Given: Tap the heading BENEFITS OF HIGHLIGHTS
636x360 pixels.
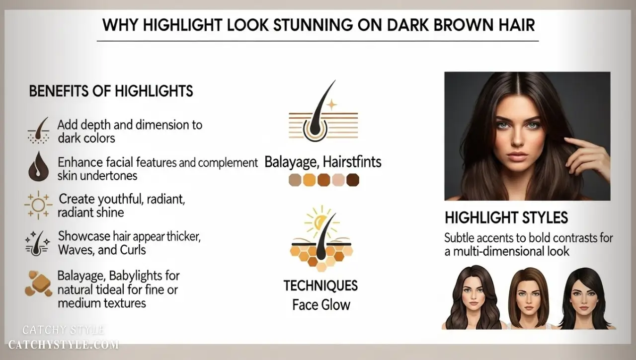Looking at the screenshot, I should pyautogui.click(x=111, y=91).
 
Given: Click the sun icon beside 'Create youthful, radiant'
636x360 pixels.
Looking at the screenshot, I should pyautogui.click(x=38, y=206).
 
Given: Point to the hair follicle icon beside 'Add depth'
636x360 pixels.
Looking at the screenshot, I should pyautogui.click(x=38, y=130).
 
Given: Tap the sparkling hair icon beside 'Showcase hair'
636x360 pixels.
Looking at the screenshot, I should pyautogui.click(x=38, y=242).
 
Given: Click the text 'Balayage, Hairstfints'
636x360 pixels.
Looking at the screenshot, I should pyautogui.click(x=323, y=162).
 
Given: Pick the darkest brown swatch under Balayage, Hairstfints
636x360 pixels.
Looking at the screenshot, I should pyautogui.click(x=353, y=180).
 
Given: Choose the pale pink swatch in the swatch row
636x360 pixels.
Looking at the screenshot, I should pyautogui.click(x=338, y=180).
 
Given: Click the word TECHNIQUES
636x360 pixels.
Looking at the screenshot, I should pyautogui.click(x=320, y=286).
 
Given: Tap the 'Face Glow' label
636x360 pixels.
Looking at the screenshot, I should pyautogui.click(x=321, y=304).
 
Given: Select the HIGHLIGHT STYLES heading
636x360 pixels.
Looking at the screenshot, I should pyautogui.click(x=506, y=218).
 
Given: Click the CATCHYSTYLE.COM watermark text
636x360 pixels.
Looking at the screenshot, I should pyautogui.click(x=64, y=344).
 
